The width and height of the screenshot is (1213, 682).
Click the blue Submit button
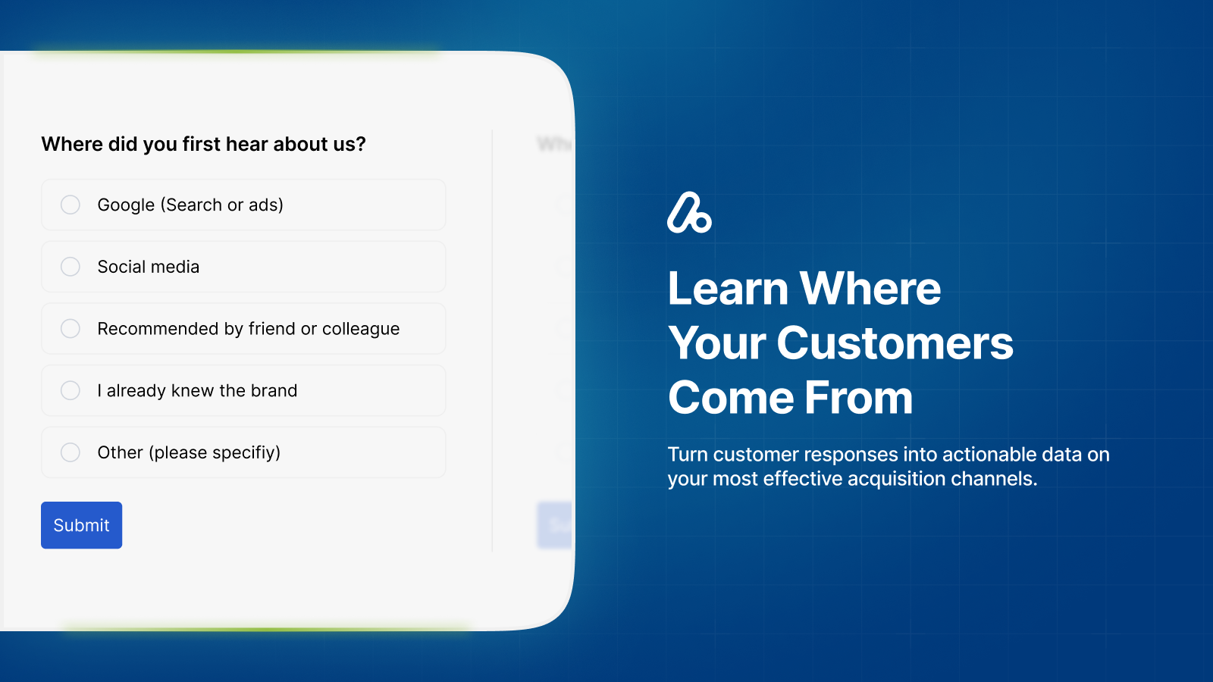point(81,525)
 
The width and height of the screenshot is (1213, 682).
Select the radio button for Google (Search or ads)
point(71,205)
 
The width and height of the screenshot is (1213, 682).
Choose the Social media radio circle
point(71,267)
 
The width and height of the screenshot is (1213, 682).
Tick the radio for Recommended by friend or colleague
point(71,328)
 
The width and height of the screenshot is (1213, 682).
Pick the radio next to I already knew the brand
point(71,390)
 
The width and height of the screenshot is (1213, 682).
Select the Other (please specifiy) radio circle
point(71,452)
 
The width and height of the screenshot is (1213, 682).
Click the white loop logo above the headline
point(689,213)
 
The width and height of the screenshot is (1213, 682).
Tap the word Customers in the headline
point(895,343)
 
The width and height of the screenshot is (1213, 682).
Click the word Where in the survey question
point(72,144)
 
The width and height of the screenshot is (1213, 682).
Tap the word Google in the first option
point(126,205)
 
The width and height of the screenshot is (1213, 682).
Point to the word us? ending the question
point(349,144)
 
